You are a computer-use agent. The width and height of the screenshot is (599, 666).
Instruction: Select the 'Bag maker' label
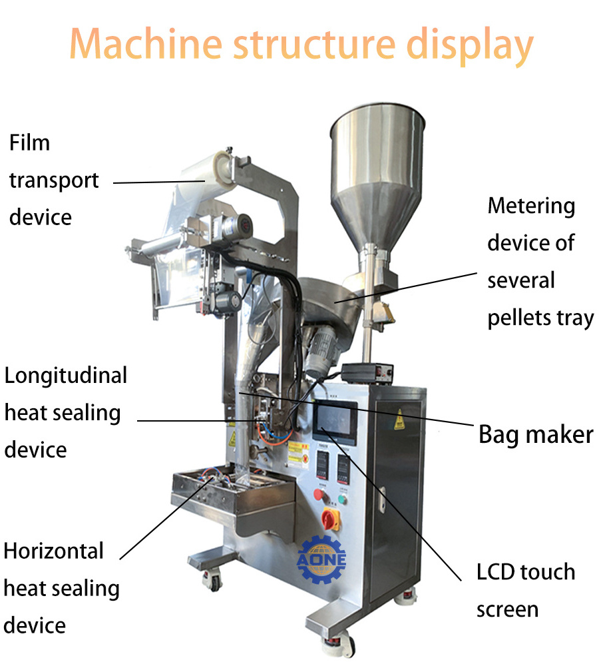(536, 435)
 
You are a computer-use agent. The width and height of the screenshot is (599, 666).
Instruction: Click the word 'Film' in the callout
(29, 143)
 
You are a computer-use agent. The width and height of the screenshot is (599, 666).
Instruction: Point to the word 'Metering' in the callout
(531, 206)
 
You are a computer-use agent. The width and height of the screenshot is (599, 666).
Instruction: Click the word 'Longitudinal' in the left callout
(66, 376)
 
